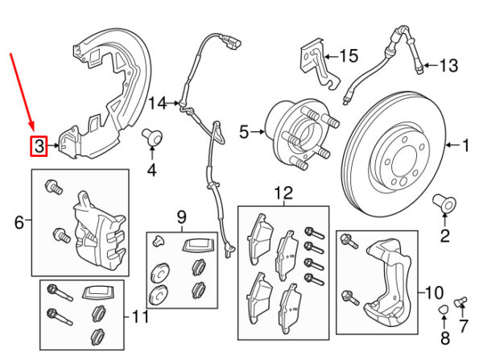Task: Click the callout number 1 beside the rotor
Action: click(464, 146)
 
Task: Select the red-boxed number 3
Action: click(38, 146)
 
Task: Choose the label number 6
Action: click(19, 220)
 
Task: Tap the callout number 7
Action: click(462, 327)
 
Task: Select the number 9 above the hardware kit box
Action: click(181, 216)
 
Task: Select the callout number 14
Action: click(157, 103)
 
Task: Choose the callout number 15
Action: click(347, 56)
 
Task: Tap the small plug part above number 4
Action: click(151, 136)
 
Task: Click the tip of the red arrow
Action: click(32, 130)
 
